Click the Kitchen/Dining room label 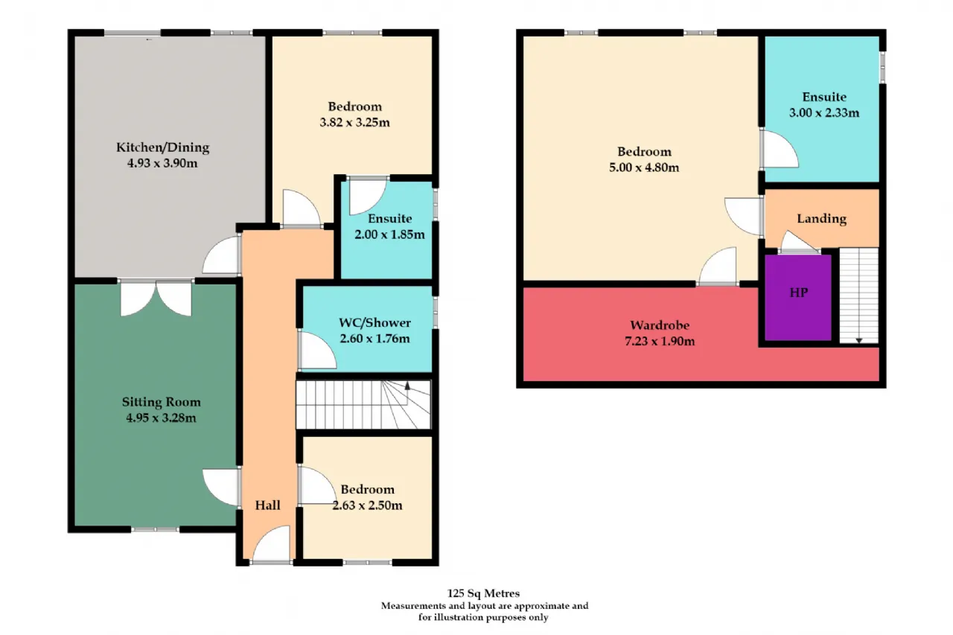(x=163, y=147)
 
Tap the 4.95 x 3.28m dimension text (x=161, y=418)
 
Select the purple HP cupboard (x=798, y=297)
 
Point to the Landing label (x=821, y=219)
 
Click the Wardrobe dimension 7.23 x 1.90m (x=660, y=341)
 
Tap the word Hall (x=267, y=505)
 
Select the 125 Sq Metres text (x=483, y=593)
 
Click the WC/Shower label (x=374, y=322)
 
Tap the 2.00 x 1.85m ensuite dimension (x=389, y=234)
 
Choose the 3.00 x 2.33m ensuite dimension (x=824, y=112)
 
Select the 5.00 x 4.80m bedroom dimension (x=644, y=167)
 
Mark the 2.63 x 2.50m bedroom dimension (x=367, y=505)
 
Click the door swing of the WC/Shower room (x=317, y=350)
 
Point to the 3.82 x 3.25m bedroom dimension (x=355, y=123)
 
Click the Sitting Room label (x=162, y=402)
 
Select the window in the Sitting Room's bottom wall (x=155, y=529)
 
